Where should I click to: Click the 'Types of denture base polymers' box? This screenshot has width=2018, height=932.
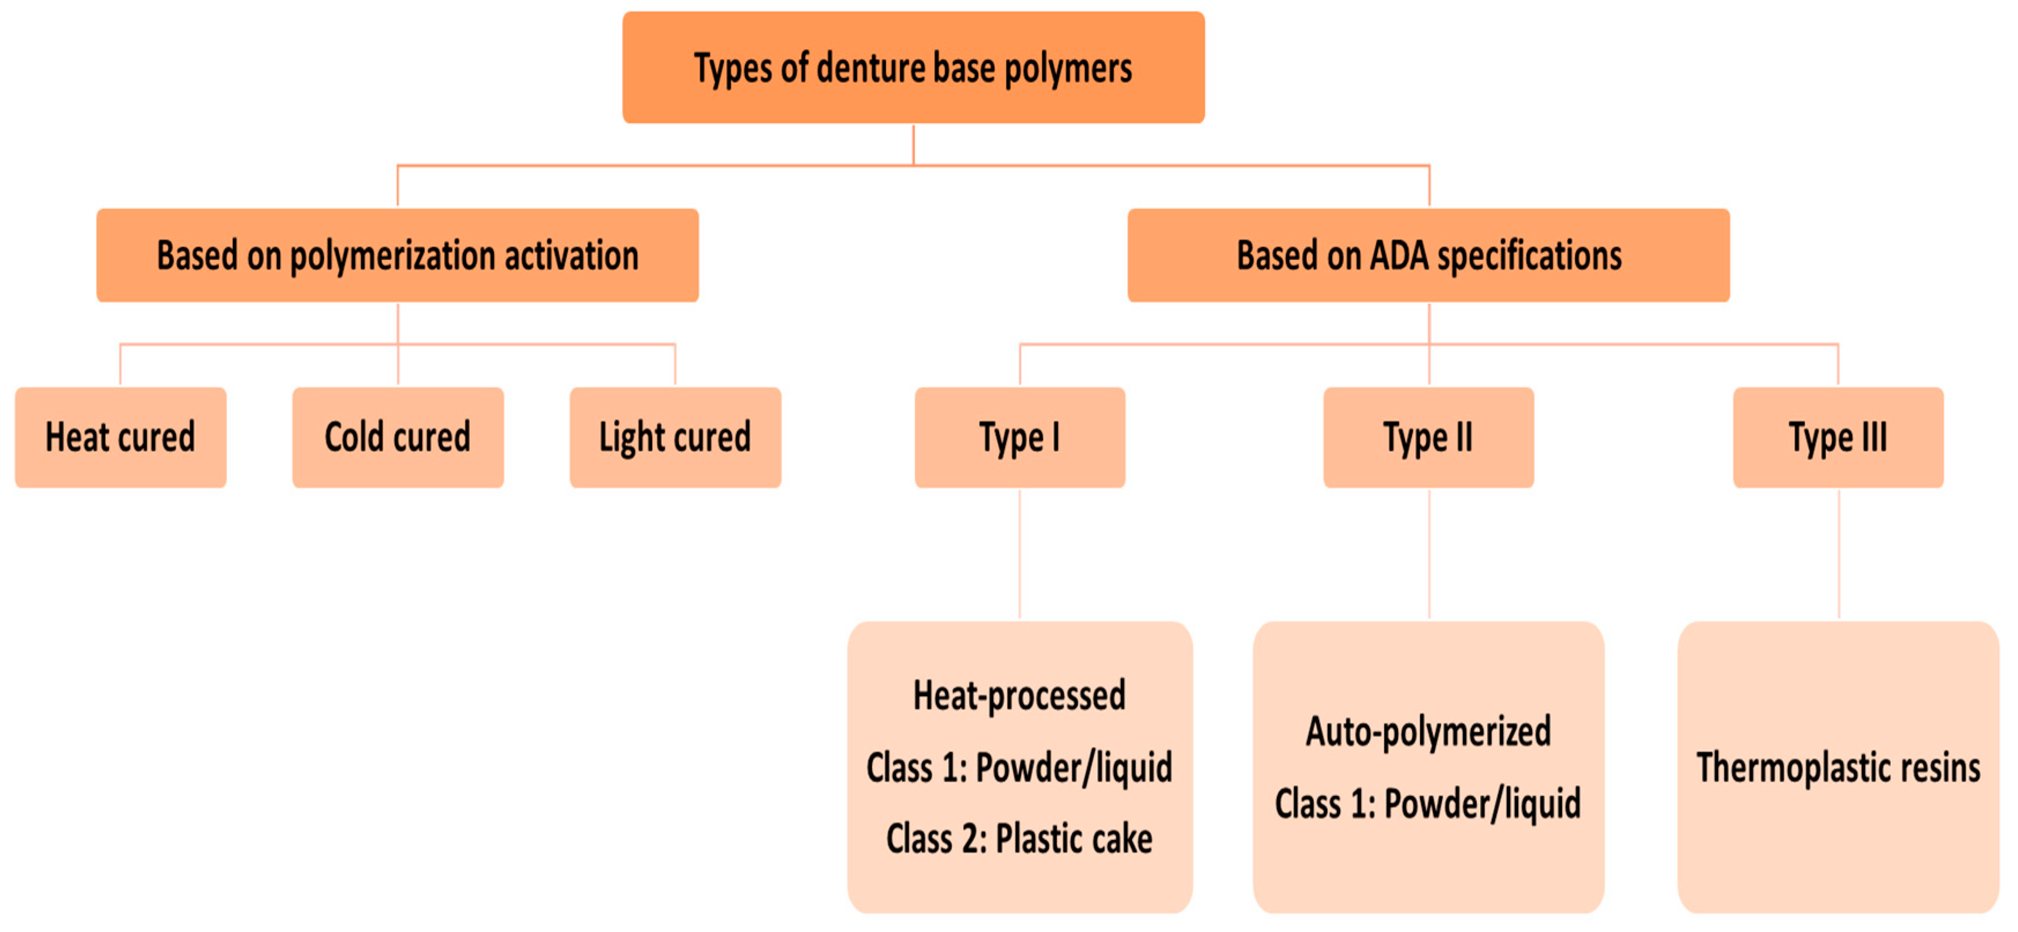click(913, 68)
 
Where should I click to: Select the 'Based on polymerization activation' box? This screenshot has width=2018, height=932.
click(397, 256)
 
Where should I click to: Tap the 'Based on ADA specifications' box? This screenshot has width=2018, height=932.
click(1428, 256)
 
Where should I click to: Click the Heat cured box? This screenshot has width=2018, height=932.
click(121, 437)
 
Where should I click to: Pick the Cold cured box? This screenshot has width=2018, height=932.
click(398, 437)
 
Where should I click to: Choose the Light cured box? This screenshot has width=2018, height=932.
click(675, 437)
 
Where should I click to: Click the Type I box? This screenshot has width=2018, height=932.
click(1020, 437)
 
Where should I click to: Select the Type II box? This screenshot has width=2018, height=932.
click(1428, 437)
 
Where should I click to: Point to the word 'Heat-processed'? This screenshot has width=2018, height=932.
click(1019, 695)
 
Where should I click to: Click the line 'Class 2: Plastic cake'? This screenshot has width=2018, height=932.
click(1019, 839)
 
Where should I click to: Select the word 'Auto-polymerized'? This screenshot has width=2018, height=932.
click(1428, 731)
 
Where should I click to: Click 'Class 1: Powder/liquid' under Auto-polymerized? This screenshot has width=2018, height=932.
click(1428, 804)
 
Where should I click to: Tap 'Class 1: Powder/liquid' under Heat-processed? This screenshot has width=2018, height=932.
click(1019, 767)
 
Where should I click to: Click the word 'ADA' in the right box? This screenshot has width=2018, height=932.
click(1398, 256)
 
